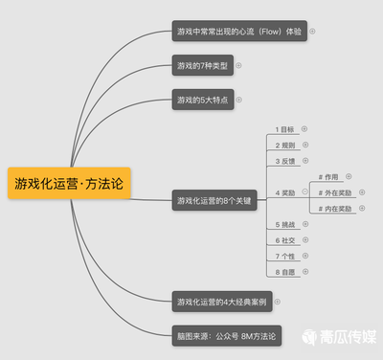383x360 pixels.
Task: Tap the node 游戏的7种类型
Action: coord(202,66)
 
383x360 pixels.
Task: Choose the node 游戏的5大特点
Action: coord(202,100)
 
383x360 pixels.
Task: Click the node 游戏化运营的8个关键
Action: coord(214,200)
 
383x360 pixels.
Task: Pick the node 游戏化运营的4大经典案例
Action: coord(221,303)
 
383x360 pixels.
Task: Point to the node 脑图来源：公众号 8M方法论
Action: coord(226,335)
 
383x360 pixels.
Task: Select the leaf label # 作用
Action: coord(328,176)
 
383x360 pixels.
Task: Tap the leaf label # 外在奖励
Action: coord(335,192)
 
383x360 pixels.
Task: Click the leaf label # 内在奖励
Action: coord(335,208)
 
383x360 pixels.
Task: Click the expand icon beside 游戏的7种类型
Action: coord(238,66)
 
